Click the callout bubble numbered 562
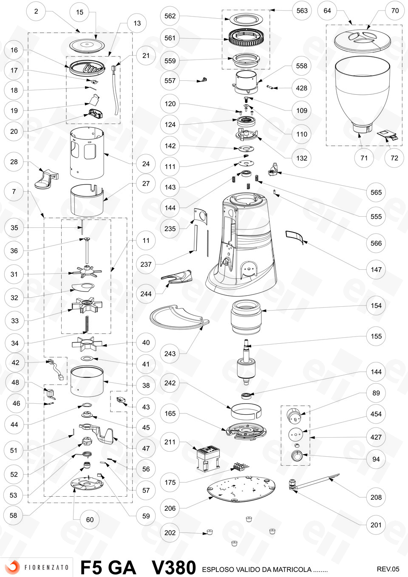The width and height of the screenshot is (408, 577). tap(170, 16)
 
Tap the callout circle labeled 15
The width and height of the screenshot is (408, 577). tap(79, 12)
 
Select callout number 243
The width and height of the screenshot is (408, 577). tap(170, 354)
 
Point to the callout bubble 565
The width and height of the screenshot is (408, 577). tap(376, 192)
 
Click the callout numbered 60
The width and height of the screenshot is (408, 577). tap(90, 520)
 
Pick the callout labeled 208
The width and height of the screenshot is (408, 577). tap(376, 497)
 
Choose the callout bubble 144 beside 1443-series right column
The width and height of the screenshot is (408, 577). tap(376, 372)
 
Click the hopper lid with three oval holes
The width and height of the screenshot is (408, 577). tap(363, 40)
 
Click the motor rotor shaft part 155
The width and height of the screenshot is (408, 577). tap(246, 362)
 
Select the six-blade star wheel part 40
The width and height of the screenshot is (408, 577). tap(87, 344)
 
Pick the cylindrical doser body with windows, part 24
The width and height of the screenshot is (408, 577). tap(87, 153)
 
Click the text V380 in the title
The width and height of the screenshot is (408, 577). tap(173, 567)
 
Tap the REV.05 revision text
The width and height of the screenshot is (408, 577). tap(388, 569)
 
